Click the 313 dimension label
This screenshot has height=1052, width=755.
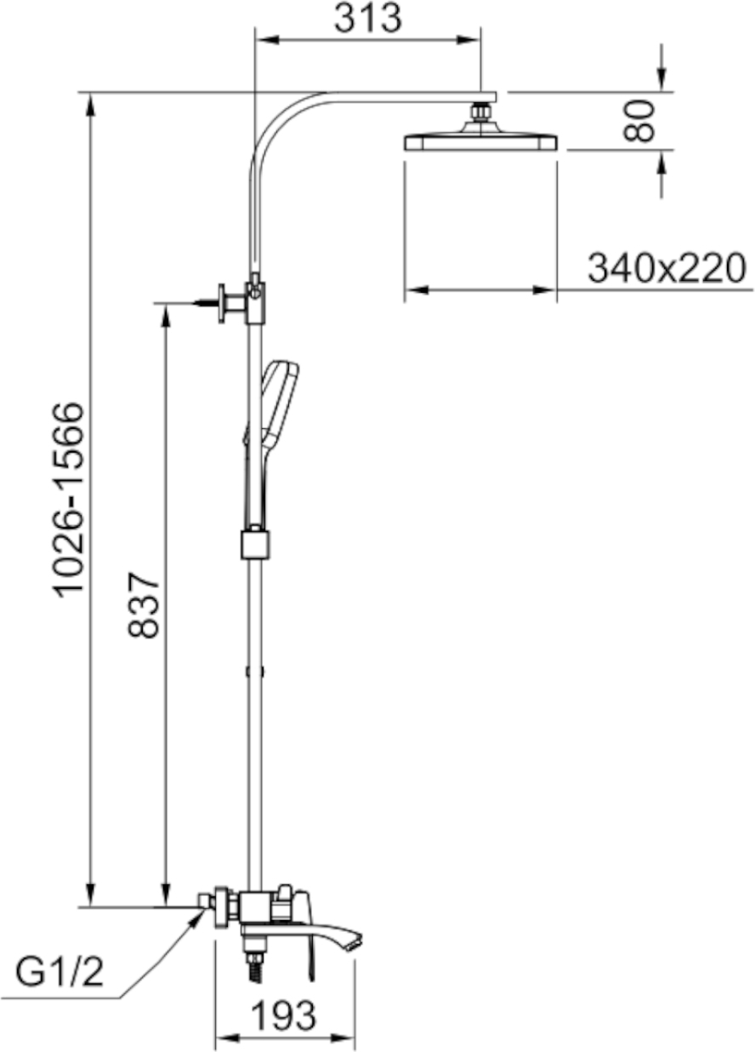(368, 19)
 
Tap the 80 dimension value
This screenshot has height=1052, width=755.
(639, 121)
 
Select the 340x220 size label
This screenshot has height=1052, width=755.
(667, 268)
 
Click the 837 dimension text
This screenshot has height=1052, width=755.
(143, 605)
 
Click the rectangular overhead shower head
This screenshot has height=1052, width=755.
(480, 142)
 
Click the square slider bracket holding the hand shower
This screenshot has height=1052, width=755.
(255, 546)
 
